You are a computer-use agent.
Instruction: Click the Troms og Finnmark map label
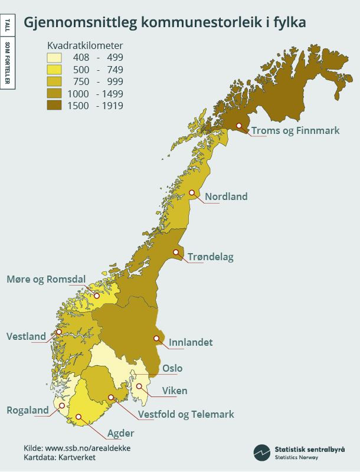(x=295, y=130)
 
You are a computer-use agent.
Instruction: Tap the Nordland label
(x=226, y=196)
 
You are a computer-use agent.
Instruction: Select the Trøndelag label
(x=211, y=257)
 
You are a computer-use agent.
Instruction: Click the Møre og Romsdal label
(x=46, y=279)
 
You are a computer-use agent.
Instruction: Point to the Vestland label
(x=26, y=336)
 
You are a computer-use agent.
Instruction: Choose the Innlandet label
(x=191, y=342)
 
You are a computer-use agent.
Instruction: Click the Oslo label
(x=172, y=368)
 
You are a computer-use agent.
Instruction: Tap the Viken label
(x=175, y=391)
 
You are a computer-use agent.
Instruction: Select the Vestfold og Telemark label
(x=186, y=414)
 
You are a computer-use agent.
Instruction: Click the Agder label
(x=120, y=434)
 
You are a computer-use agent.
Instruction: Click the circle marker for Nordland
(x=192, y=192)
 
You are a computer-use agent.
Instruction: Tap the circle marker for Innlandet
(x=156, y=338)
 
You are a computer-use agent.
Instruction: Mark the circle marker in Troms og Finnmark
(x=239, y=125)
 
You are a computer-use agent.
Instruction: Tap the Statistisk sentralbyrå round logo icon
(x=261, y=452)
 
